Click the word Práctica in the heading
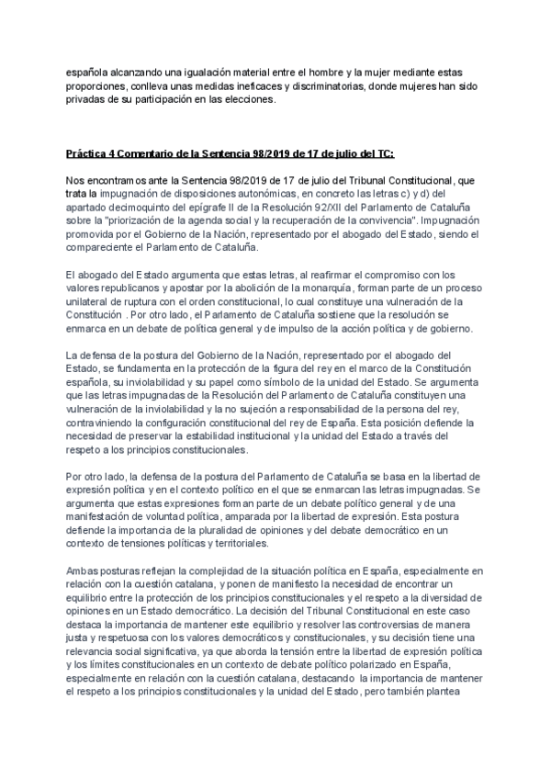pyautogui.click(x=85, y=152)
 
